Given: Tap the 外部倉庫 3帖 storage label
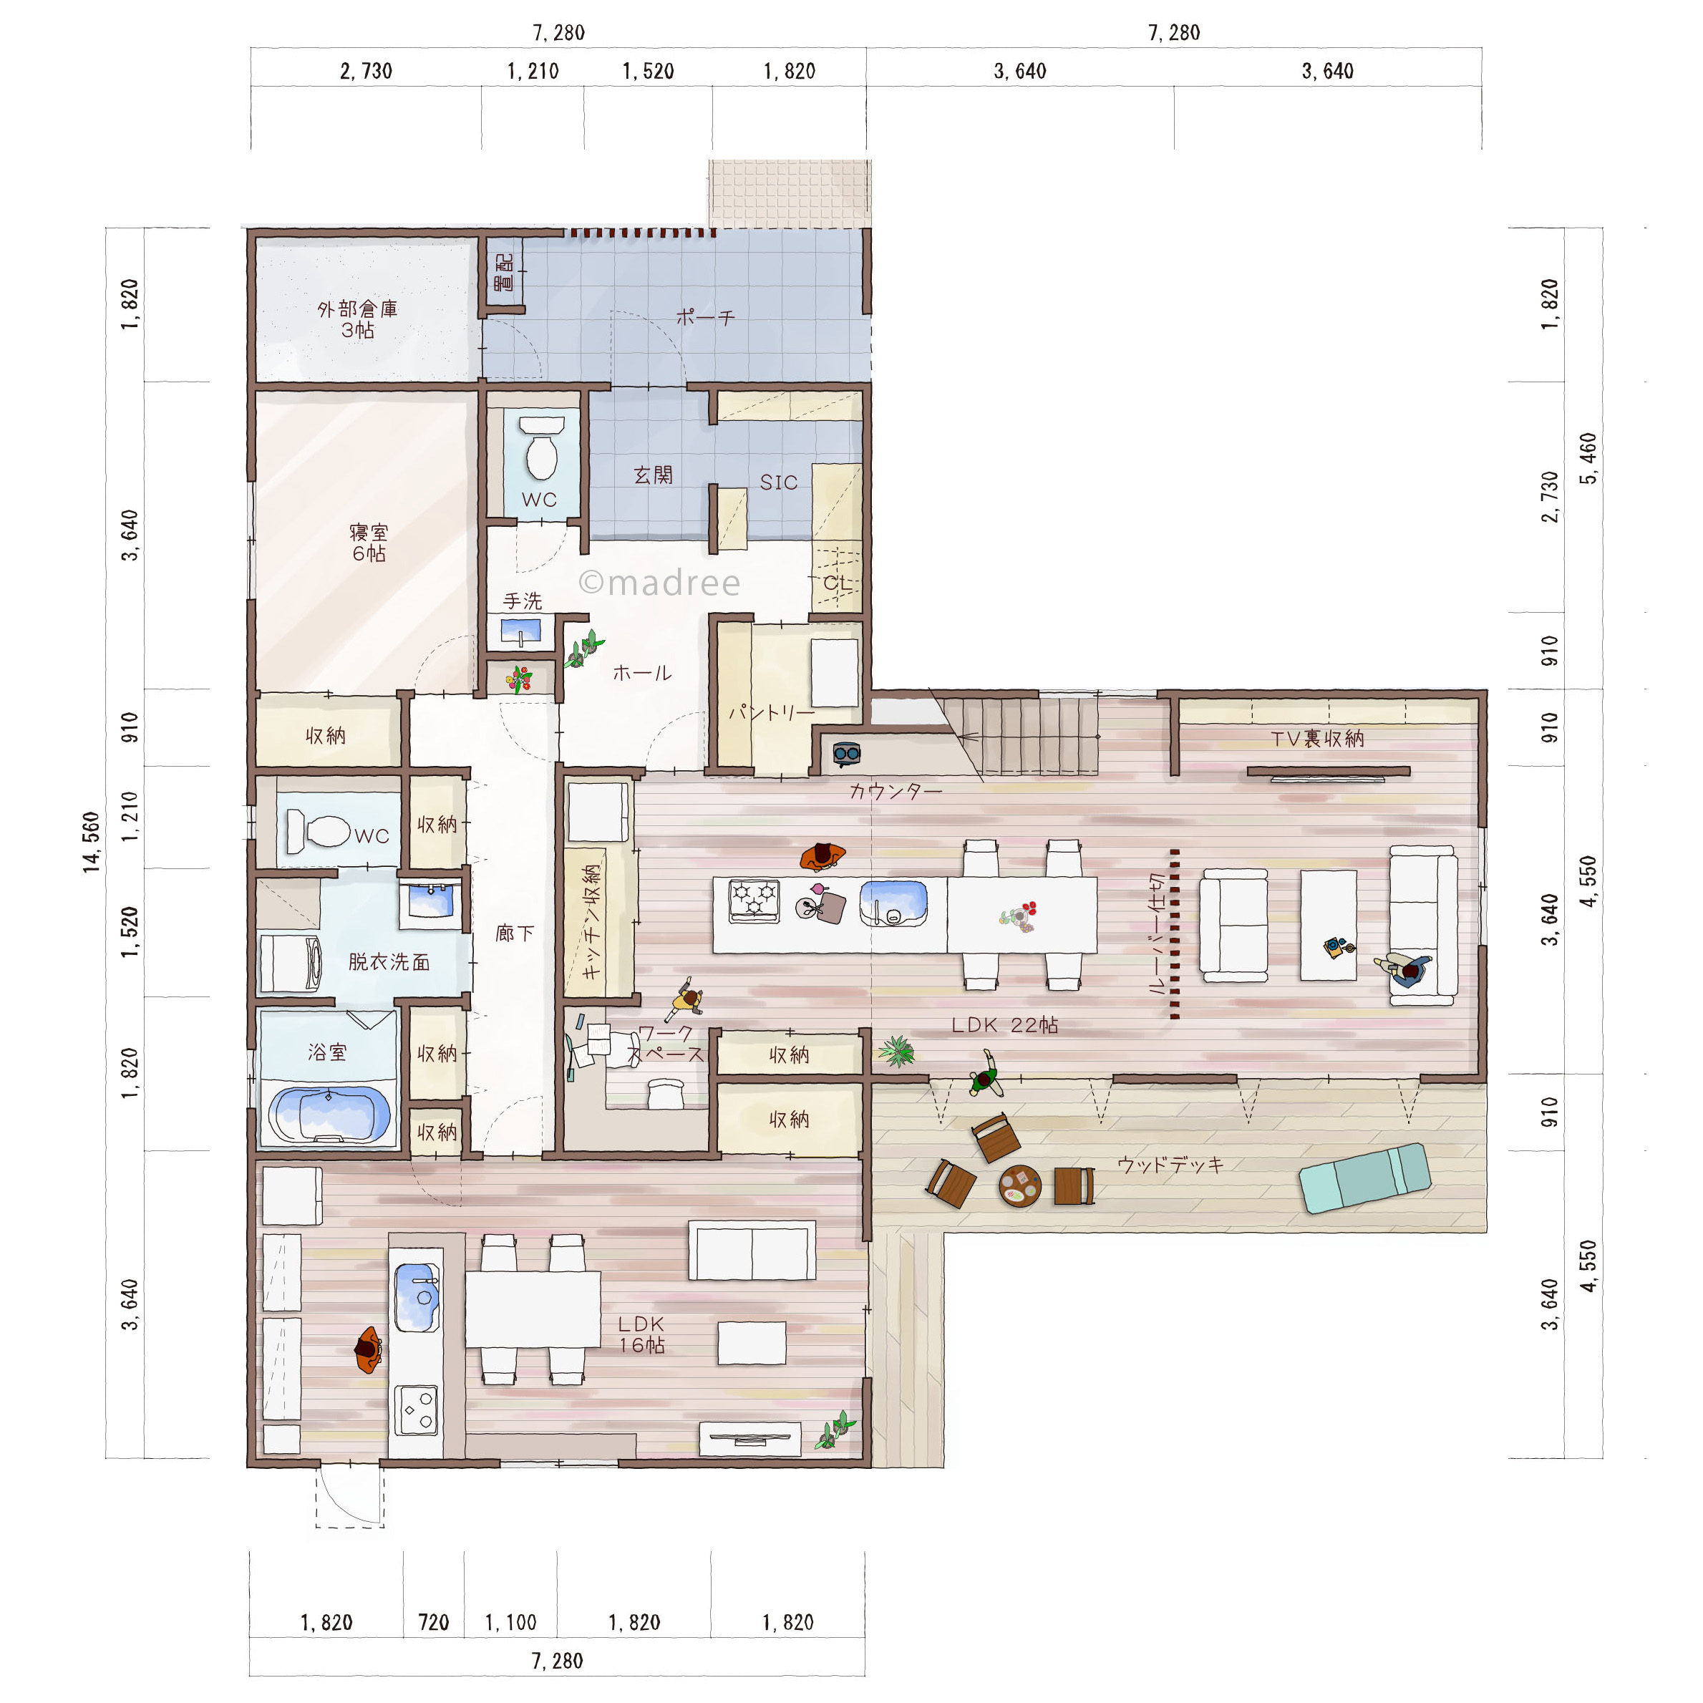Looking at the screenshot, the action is pyautogui.click(x=358, y=319).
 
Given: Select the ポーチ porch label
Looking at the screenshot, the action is pyautogui.click(x=705, y=316).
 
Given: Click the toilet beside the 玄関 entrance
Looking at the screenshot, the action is pyautogui.click(x=541, y=448).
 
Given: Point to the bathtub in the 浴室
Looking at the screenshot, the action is pyautogui.click(x=329, y=1114).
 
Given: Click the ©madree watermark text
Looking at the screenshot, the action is pyautogui.click(x=659, y=583).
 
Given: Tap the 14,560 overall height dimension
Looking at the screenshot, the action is pyautogui.click(x=92, y=843).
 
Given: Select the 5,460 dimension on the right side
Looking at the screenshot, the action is pyautogui.click(x=1588, y=458).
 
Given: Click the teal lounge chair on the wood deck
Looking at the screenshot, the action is pyautogui.click(x=1365, y=1178).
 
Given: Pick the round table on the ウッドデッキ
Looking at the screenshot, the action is pyautogui.click(x=1020, y=1186).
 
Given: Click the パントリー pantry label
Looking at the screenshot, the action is pyautogui.click(x=771, y=712).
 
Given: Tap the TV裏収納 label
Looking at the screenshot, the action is pyautogui.click(x=1317, y=739).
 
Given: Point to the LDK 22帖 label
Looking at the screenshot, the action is pyautogui.click(x=1005, y=1025).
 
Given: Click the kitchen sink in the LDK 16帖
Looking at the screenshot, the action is pyautogui.click(x=417, y=1298).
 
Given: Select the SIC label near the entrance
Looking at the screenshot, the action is pyautogui.click(x=778, y=482).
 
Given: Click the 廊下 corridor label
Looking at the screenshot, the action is pyautogui.click(x=515, y=933).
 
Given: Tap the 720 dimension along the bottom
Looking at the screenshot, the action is pyautogui.click(x=434, y=1623).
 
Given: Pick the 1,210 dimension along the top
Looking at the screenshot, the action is pyautogui.click(x=533, y=72).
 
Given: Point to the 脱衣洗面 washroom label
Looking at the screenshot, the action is pyautogui.click(x=389, y=961).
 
